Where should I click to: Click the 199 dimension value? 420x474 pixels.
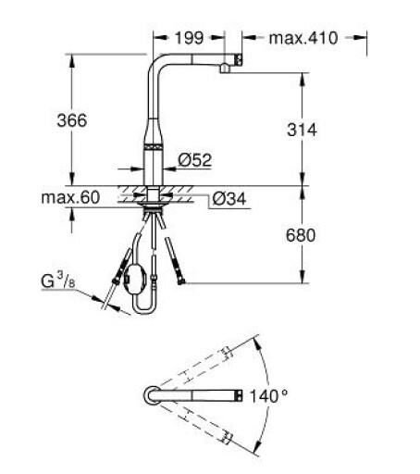click(189, 38)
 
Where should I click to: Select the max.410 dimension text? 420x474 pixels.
click(303, 38)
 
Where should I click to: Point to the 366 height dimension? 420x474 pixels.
click(72, 120)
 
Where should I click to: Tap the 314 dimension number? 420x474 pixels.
click(302, 130)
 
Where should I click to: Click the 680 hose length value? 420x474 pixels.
click(301, 235)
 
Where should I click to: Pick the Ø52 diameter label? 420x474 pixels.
click(195, 160)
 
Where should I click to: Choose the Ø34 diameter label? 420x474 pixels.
click(229, 199)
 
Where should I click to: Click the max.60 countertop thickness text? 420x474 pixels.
click(70, 197)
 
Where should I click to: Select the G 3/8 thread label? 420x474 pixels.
click(57, 281)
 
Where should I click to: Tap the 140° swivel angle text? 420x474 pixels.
click(268, 396)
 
